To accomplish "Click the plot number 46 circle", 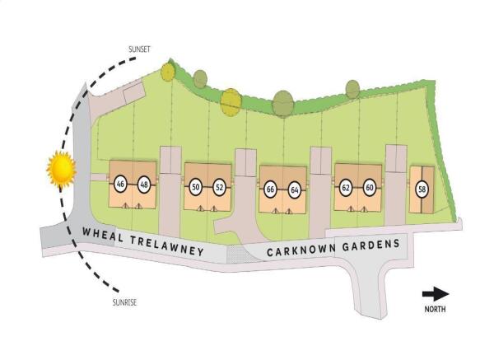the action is point(120,185).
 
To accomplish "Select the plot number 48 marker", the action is point(144,185).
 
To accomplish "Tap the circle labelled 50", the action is point(196,186).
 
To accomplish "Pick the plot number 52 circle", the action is point(219,187).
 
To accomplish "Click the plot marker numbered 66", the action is point(270,189).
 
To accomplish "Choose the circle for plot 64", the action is point(295,190).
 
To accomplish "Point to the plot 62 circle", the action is point(346,188).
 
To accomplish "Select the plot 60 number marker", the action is point(370,187).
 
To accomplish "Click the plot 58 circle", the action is point(422,189).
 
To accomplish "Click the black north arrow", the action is point(436,294).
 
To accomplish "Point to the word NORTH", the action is point(435,309).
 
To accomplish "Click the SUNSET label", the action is point(140,49).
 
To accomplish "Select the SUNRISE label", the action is point(124,302).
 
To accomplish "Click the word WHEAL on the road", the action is point(103,235).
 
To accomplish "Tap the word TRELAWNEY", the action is point(167,245).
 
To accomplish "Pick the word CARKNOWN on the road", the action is point(301,250).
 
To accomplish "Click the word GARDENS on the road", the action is point(371,245).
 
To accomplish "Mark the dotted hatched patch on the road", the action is point(241,254).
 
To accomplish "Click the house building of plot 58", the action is point(422,189).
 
